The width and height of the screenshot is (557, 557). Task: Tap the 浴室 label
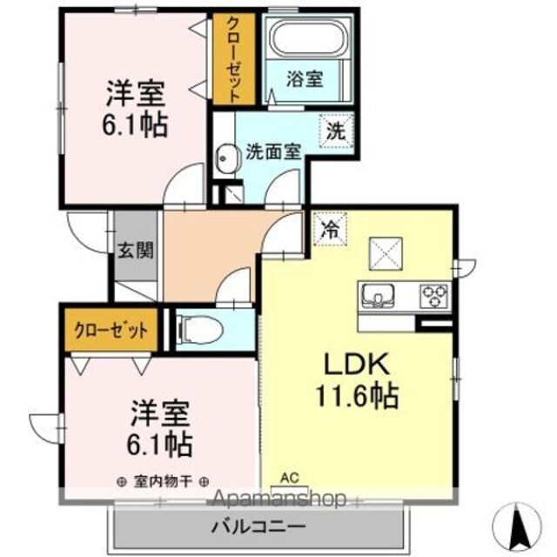pyautogui.click(x=305, y=79)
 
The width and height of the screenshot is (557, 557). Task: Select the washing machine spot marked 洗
pyautogui.click(x=336, y=131)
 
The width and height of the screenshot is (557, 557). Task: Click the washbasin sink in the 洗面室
pyautogui.click(x=225, y=158)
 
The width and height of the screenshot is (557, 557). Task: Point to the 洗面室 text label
pyautogui.click(x=273, y=152)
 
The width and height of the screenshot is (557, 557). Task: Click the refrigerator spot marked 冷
pyautogui.click(x=330, y=230)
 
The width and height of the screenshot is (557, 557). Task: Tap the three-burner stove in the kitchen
pyautogui.click(x=434, y=296)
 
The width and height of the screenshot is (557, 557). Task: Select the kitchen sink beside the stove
pyautogui.click(x=378, y=296)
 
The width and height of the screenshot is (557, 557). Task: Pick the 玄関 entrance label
pyautogui.click(x=136, y=251)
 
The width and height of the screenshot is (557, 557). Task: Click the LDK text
pyautogui.click(x=358, y=364)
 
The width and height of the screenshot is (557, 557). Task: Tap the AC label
pyautogui.click(x=290, y=479)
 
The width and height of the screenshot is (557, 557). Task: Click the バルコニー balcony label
pyautogui.click(x=258, y=527)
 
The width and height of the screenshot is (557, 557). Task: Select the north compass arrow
pyautogui.click(x=520, y=526)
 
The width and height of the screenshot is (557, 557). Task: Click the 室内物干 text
pyautogui.click(x=164, y=481)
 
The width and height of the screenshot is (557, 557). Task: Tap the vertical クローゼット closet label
pyautogui.click(x=234, y=59)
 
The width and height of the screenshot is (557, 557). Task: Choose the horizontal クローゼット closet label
pyautogui.click(x=111, y=331)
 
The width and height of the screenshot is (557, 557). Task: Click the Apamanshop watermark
pyautogui.click(x=278, y=500)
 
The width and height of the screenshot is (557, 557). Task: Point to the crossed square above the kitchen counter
pyautogui.click(x=386, y=253)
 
